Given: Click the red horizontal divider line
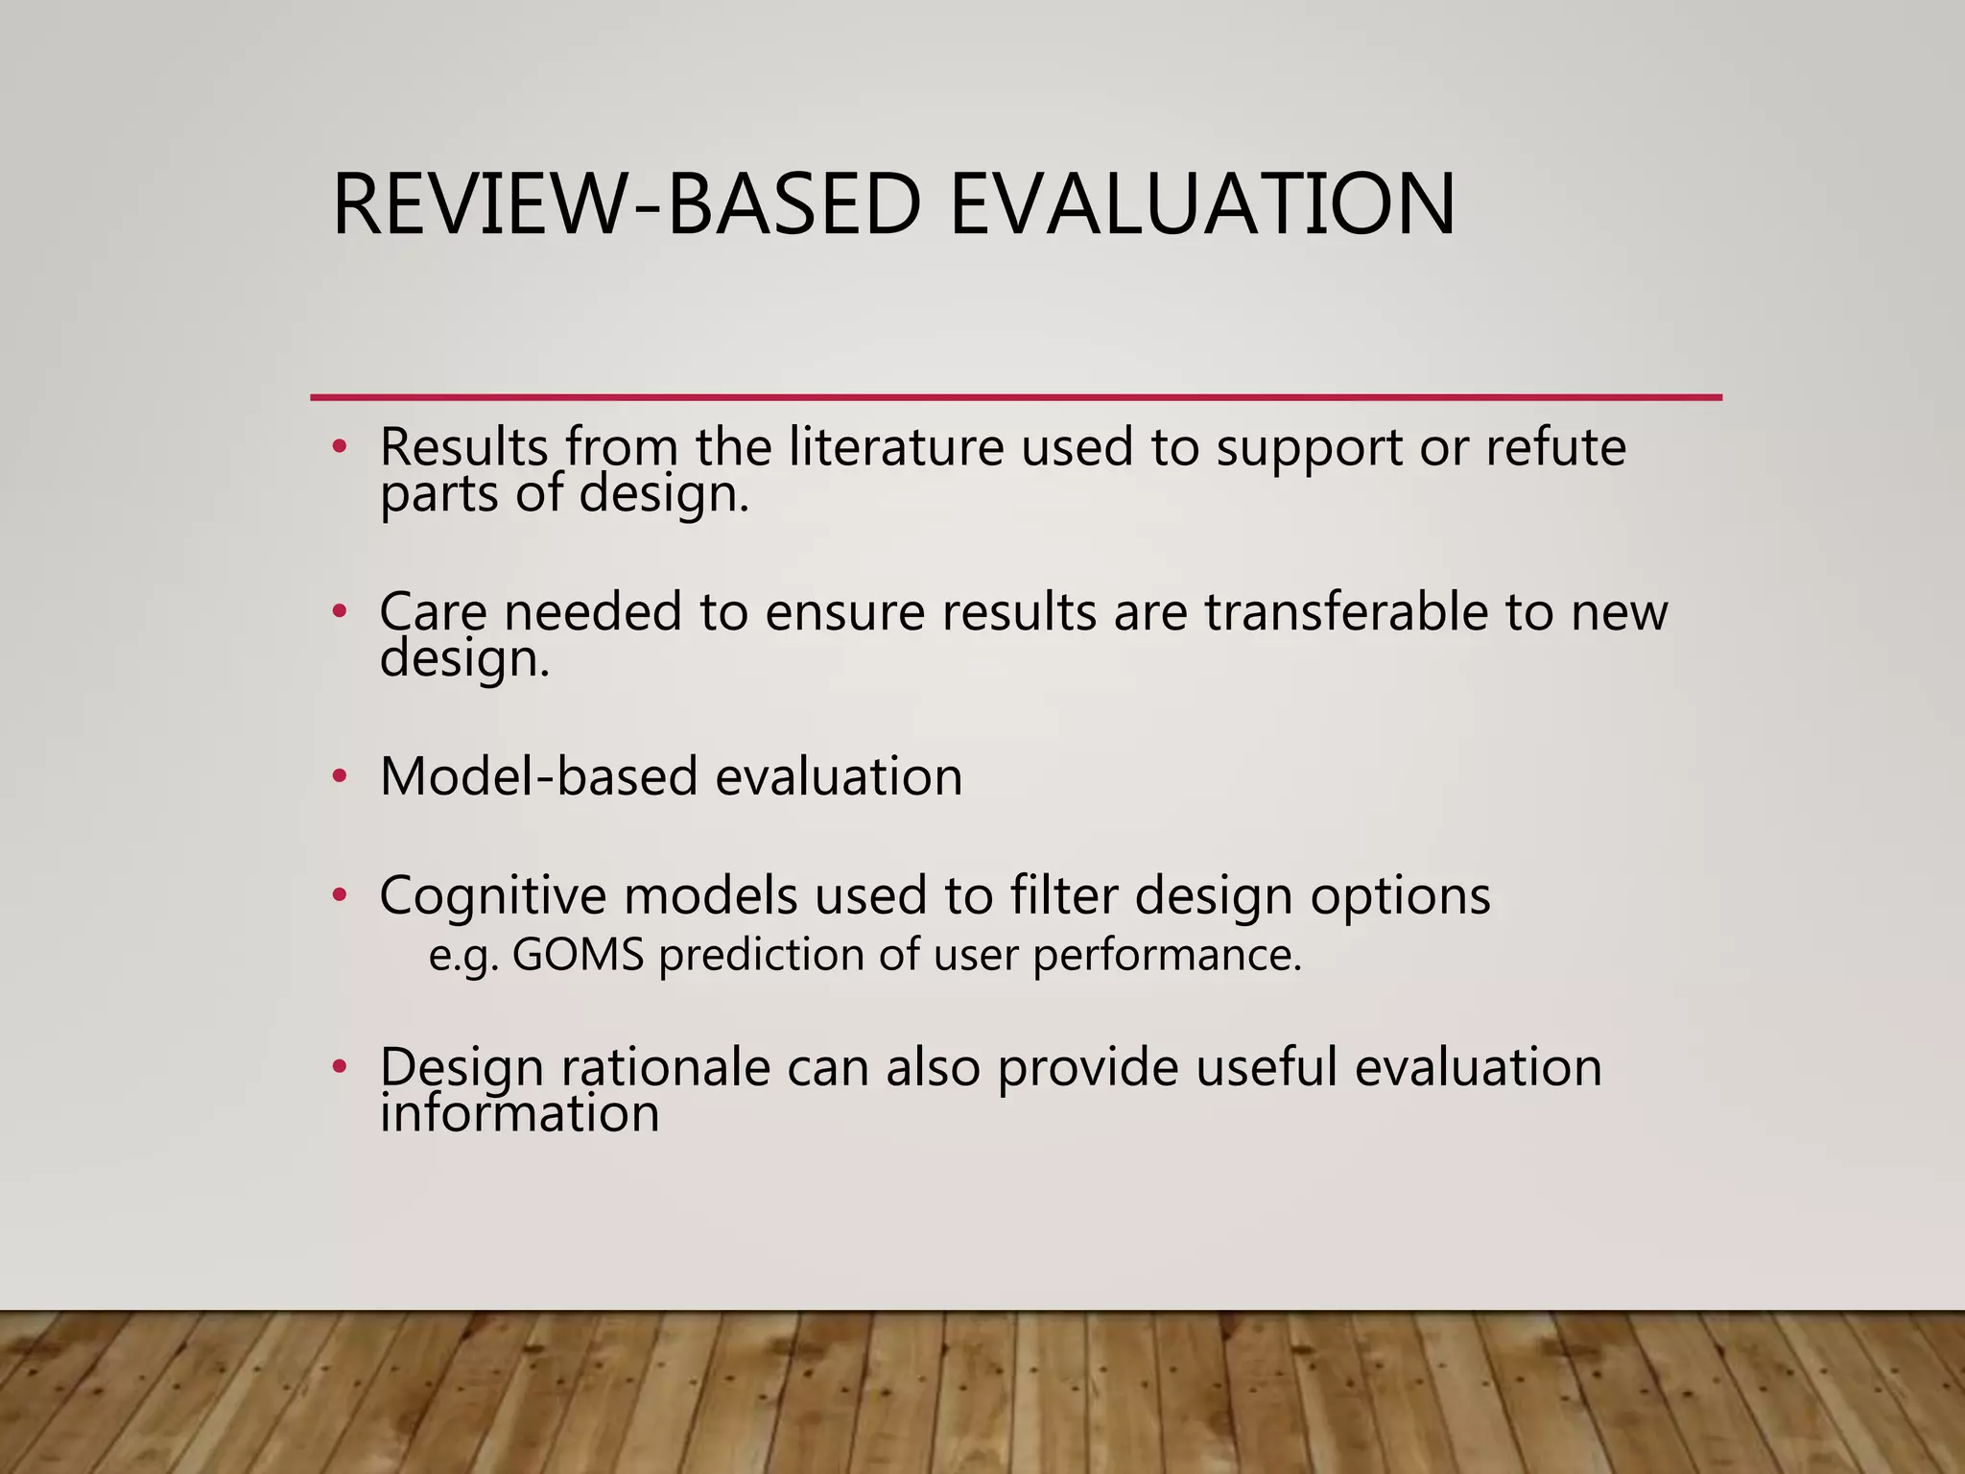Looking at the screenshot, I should pos(1015,396).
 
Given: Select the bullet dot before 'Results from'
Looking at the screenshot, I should pos(338,447).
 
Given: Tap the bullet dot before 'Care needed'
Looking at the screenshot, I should pos(338,611).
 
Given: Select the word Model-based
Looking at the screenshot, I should pos(538,776).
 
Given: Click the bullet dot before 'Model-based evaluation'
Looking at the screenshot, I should pos(338,776).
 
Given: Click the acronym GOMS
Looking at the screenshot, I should pos(578,955).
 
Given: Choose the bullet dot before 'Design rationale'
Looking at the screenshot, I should pos(338,1067).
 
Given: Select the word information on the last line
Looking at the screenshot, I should pos(519,1114).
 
